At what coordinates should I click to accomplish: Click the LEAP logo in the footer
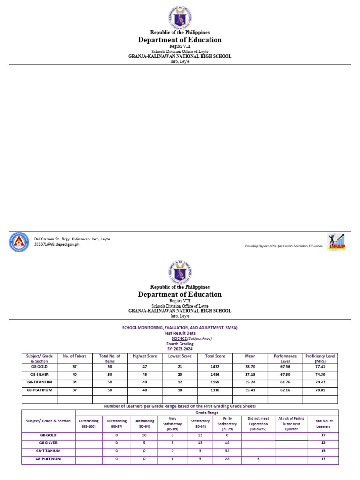[x=336, y=242]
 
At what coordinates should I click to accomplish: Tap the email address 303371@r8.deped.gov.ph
[x=57, y=244]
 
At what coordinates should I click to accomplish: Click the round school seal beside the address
[x=19, y=242]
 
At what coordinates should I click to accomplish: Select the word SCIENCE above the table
[x=179, y=338]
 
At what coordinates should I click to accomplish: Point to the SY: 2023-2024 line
[x=180, y=349]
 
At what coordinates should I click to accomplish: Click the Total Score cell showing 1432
[x=215, y=367]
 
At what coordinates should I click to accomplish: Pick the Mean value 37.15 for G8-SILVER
[x=250, y=375]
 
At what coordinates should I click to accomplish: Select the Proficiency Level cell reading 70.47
[x=321, y=382]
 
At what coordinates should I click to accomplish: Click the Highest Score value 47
[x=145, y=367]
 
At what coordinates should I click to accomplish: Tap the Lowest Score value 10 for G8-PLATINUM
[x=180, y=390]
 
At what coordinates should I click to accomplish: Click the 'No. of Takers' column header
[x=75, y=356]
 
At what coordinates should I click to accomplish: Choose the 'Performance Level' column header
[x=285, y=359]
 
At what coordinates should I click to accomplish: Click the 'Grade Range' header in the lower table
[x=206, y=412]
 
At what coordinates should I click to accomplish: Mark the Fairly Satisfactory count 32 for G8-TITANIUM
[x=227, y=451]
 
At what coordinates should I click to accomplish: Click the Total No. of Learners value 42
[x=323, y=443]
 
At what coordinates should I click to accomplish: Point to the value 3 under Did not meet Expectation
[x=258, y=459]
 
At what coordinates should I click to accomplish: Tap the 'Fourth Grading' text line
[x=180, y=344]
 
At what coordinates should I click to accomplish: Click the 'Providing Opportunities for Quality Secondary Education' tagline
[x=284, y=246]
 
